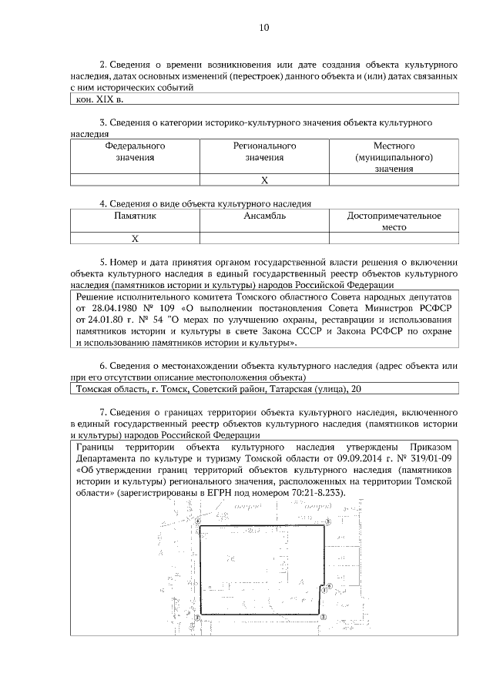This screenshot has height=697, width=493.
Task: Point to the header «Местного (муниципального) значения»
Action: pyautogui.click(x=394, y=157)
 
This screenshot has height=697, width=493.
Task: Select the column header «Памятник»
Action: pyautogui.click(x=135, y=216)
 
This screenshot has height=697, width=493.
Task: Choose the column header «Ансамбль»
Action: pyautogui.click(x=264, y=216)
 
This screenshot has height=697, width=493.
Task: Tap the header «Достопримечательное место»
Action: pyautogui.click(x=394, y=223)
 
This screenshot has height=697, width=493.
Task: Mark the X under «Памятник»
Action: pyautogui.click(x=135, y=239)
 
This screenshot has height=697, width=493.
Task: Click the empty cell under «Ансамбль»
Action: pyautogui.click(x=264, y=239)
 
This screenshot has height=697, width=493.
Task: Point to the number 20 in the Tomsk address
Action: pyautogui.click(x=355, y=389)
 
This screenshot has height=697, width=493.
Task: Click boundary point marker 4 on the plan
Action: pyautogui.click(x=198, y=521)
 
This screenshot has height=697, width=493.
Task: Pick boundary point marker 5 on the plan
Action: pyautogui.click(x=327, y=522)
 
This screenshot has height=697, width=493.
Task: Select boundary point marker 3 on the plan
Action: pyautogui.click(x=197, y=617)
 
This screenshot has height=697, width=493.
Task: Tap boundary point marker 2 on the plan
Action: pyautogui.click(x=324, y=617)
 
